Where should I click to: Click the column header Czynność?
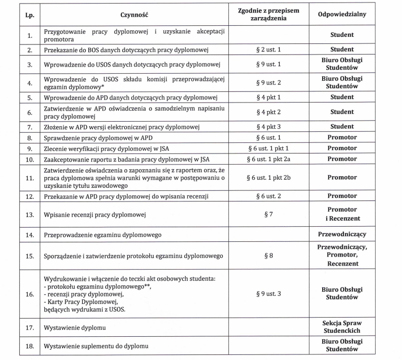point(135,15)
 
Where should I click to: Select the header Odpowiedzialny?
point(342,15)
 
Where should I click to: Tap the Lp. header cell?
point(30,15)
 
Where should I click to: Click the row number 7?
point(30,127)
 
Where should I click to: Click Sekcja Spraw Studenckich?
point(342,327)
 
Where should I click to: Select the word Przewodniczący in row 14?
point(342,235)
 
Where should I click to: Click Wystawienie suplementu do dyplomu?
point(96,347)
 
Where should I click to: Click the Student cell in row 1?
point(342,35)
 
